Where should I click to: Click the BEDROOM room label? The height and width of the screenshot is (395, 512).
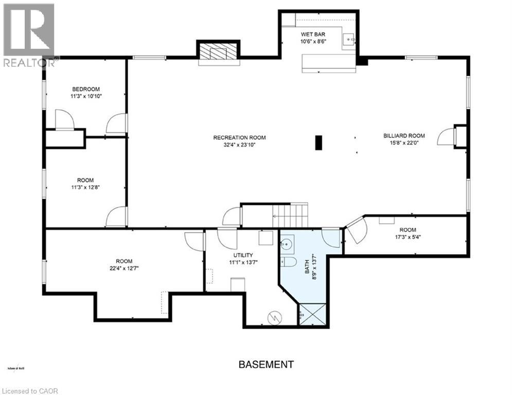click(x=85, y=89)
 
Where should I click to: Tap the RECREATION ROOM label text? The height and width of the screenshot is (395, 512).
click(x=239, y=137)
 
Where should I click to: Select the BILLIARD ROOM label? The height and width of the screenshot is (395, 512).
click(x=404, y=136)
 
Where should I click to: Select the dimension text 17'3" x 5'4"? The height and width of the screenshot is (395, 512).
click(x=406, y=237)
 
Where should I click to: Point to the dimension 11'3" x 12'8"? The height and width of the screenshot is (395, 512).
click(x=85, y=187)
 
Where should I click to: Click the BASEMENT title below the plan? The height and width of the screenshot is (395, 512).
click(x=266, y=365)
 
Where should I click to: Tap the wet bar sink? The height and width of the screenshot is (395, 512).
click(x=350, y=38)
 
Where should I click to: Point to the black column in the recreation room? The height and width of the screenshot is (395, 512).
click(x=319, y=142)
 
